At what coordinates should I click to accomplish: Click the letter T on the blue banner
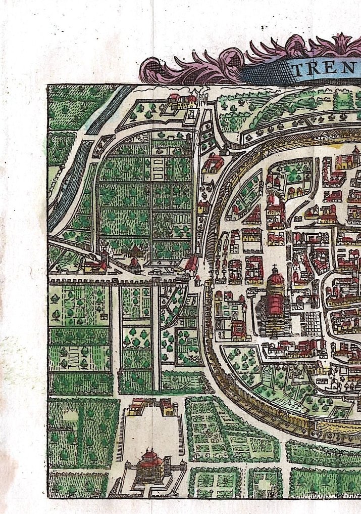(298, 70)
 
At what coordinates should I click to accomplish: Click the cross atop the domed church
(275, 267)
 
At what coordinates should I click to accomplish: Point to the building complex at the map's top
(183, 101)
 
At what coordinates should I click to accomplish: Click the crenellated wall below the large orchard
(116, 280)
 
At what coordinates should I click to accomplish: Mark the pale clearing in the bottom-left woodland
(71, 415)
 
